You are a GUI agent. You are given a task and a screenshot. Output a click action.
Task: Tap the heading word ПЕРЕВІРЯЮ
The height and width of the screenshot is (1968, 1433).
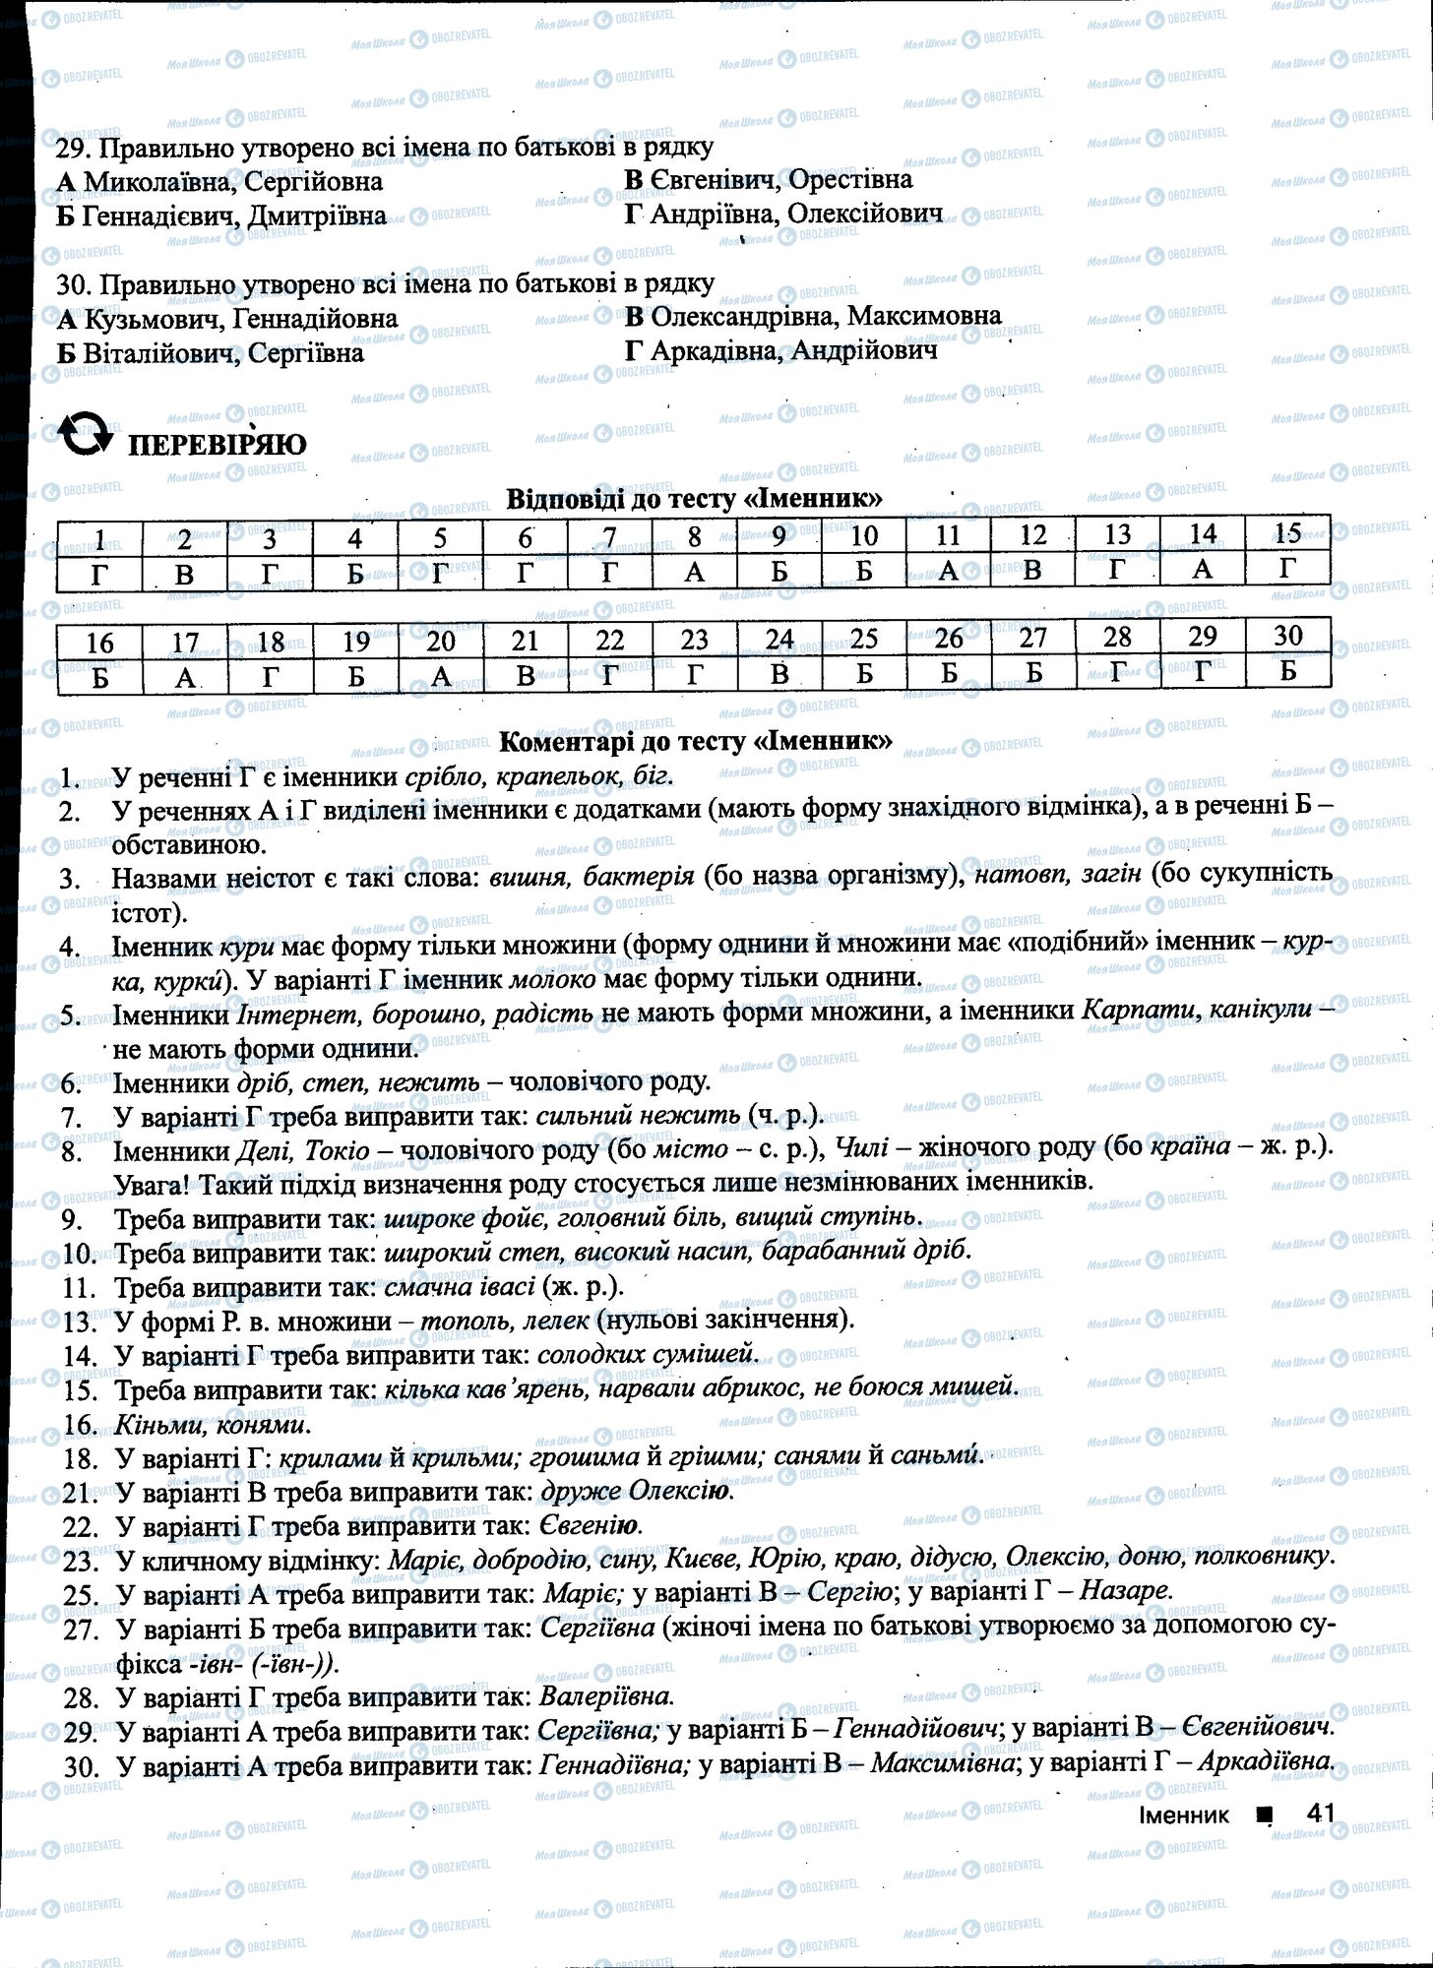coord(218,445)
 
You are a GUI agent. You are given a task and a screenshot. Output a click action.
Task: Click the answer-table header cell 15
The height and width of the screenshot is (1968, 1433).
coord(1287,533)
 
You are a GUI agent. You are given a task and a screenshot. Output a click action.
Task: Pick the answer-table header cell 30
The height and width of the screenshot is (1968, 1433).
coord(1287,636)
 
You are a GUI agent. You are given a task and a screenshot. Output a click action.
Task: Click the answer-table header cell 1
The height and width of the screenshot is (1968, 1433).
coord(99,538)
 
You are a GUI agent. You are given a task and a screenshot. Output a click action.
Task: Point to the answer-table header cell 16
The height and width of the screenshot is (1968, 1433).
coord(99,643)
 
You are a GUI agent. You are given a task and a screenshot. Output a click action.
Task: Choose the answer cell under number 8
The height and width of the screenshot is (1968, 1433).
coord(695,572)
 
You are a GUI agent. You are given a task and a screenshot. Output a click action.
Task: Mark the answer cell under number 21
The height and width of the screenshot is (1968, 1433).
coord(525,675)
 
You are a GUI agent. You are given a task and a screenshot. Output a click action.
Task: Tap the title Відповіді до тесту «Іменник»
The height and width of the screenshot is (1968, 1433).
coord(694,499)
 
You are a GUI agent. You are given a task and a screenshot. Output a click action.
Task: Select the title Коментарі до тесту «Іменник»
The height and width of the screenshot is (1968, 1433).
coord(696,741)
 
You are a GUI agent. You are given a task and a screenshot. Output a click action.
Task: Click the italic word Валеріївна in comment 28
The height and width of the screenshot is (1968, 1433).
coord(606,1696)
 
